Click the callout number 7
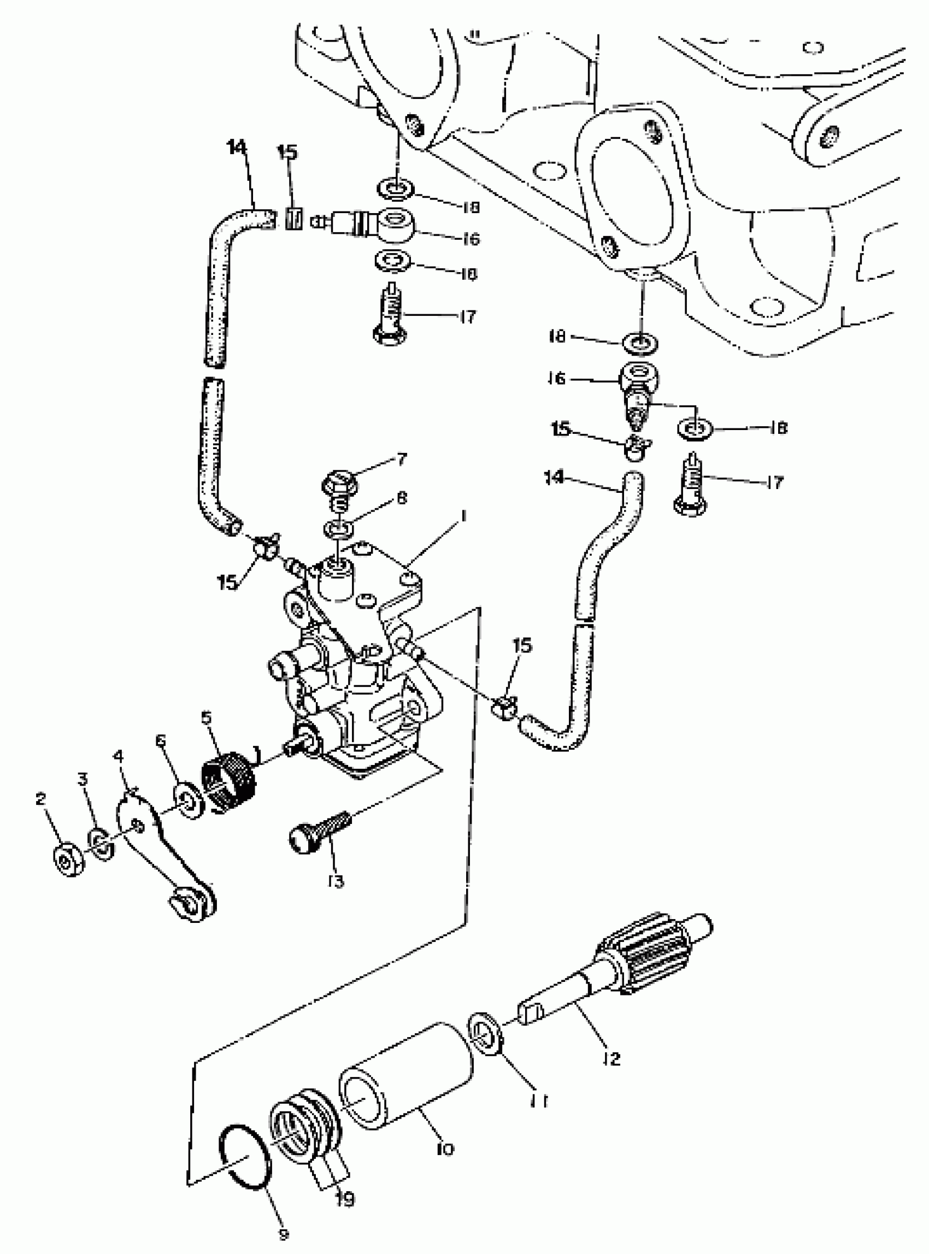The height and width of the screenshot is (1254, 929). pyautogui.click(x=402, y=460)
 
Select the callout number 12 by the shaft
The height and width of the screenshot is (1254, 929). pyautogui.click(x=612, y=1058)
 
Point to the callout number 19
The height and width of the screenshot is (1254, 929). pyautogui.click(x=345, y=1199)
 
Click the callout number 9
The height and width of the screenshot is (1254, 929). pyautogui.click(x=284, y=1234)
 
